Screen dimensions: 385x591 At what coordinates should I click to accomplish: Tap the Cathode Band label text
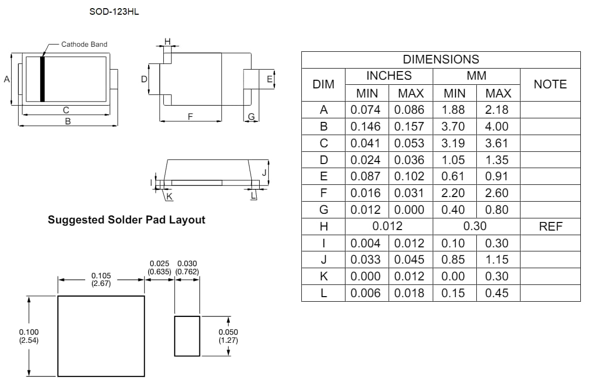pyautogui.click(x=84, y=44)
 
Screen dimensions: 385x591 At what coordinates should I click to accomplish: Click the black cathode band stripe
pyautogui.click(x=43, y=79)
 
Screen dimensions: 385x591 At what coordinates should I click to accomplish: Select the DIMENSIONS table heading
pyautogui.click(x=440, y=59)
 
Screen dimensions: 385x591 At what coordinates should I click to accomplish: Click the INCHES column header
pyautogui.click(x=389, y=76)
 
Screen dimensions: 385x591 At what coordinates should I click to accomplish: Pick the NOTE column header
pyautogui.click(x=550, y=84)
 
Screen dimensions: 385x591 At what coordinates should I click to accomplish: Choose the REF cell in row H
pyautogui.click(x=550, y=227)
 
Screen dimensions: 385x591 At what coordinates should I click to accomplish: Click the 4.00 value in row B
pyautogui.click(x=497, y=126)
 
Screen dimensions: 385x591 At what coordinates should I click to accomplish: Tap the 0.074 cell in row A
pyautogui.click(x=366, y=110)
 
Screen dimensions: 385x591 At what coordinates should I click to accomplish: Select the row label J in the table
pyautogui.click(x=323, y=260)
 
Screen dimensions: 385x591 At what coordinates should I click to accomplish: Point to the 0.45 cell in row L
pyautogui.click(x=497, y=293)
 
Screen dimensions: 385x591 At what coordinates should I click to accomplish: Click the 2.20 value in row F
pyautogui.click(x=454, y=193)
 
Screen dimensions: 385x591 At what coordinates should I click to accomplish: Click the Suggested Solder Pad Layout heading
pyautogui.click(x=126, y=220)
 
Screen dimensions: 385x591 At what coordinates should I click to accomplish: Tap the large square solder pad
pyautogui.click(x=101, y=336)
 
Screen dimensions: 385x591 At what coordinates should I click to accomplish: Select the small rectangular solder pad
pyautogui.click(x=187, y=336)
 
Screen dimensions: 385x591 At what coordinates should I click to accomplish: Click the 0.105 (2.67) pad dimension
pyautogui.click(x=101, y=280)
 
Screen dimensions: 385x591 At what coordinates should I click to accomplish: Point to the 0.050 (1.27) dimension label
pyautogui.click(x=228, y=336)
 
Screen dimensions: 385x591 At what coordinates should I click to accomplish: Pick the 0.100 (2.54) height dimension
pyautogui.click(x=28, y=336)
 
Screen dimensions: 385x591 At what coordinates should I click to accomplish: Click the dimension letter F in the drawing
pyautogui.click(x=190, y=117)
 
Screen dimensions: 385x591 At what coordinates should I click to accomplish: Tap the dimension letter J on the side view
pyautogui.click(x=264, y=173)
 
